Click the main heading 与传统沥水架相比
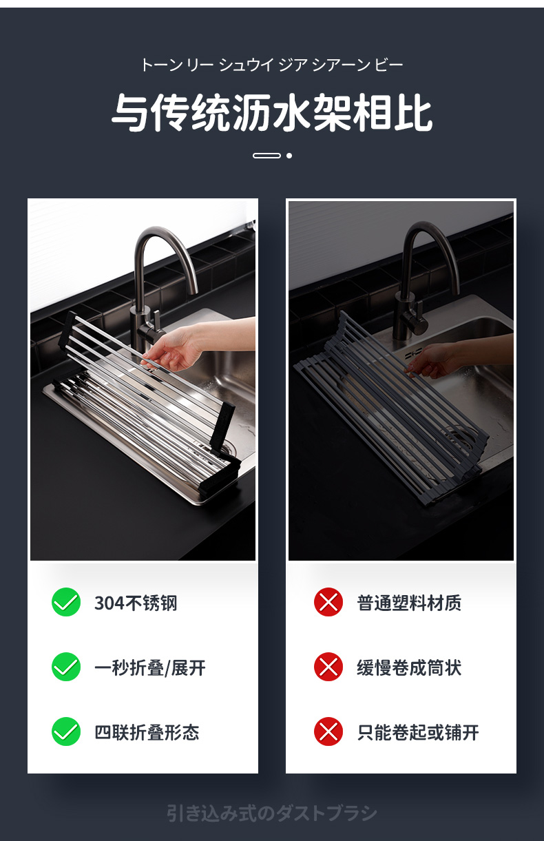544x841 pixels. pyautogui.click(x=272, y=112)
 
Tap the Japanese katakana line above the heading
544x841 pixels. pyautogui.click(x=272, y=65)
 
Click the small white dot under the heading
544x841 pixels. pyautogui.click(x=289, y=156)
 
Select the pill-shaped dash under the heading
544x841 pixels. pyautogui.click(x=266, y=156)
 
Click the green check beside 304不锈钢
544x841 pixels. pyautogui.click(x=66, y=602)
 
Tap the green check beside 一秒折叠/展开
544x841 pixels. pyautogui.click(x=66, y=667)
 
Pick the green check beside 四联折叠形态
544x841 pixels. pyautogui.click(x=66, y=731)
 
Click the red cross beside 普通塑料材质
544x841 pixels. pyautogui.click(x=328, y=602)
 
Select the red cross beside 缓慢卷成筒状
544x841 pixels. pyautogui.click(x=328, y=667)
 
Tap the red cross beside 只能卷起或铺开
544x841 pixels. pyautogui.click(x=328, y=731)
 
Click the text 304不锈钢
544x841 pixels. pyautogui.click(x=136, y=603)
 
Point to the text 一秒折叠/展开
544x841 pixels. pyautogui.click(x=150, y=668)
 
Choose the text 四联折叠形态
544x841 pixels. pyautogui.click(x=147, y=732)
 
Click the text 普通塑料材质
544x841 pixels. pyautogui.click(x=409, y=603)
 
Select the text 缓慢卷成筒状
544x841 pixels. pyautogui.click(x=409, y=668)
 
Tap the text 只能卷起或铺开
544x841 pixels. pyautogui.click(x=418, y=732)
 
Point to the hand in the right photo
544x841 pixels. pyautogui.click(x=432, y=360)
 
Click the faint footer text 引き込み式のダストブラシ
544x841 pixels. pyautogui.click(x=272, y=813)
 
